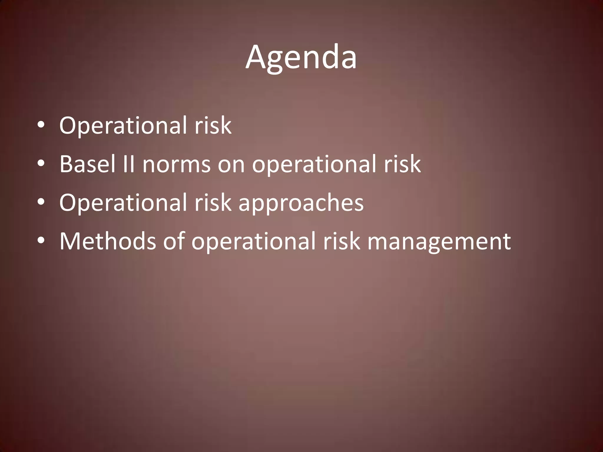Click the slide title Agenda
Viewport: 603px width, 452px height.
coord(301,57)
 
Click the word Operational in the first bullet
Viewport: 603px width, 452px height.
coord(123,126)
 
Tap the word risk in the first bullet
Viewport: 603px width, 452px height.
coord(213,125)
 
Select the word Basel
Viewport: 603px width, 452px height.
coord(87,164)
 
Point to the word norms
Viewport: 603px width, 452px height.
coord(176,164)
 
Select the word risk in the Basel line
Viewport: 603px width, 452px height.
coord(402,164)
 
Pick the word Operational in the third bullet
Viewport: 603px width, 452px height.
coord(123,203)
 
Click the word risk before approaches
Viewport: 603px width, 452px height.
coord(213,202)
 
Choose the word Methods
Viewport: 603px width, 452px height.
coord(107,241)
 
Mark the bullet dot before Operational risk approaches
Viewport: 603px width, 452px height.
coord(41,202)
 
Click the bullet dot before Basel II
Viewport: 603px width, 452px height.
coord(41,163)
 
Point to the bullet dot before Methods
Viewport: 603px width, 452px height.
coord(41,241)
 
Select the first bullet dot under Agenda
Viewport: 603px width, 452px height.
coord(41,125)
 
